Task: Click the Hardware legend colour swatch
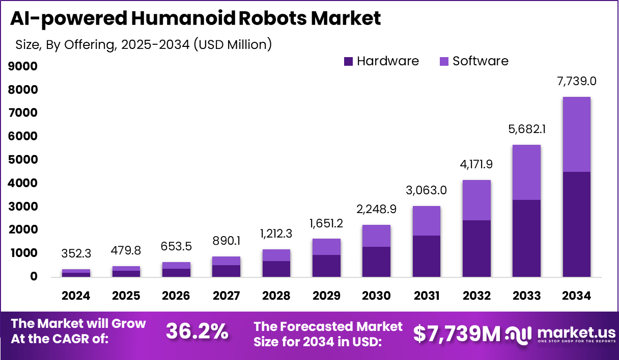349,62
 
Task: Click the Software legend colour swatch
444,62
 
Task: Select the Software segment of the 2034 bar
577,134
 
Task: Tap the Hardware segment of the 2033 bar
526,238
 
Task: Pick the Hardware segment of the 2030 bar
376,262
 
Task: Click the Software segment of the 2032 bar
476,200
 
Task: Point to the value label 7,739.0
577,81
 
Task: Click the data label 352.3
76,253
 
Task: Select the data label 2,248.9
376,209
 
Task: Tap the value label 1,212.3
276,234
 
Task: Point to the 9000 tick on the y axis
22,66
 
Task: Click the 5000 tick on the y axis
22,160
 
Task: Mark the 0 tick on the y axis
34,276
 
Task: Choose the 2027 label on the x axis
226,296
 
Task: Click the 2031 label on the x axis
426,296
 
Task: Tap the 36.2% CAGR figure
197,332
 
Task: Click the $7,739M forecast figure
457,333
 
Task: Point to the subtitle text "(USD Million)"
233,44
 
